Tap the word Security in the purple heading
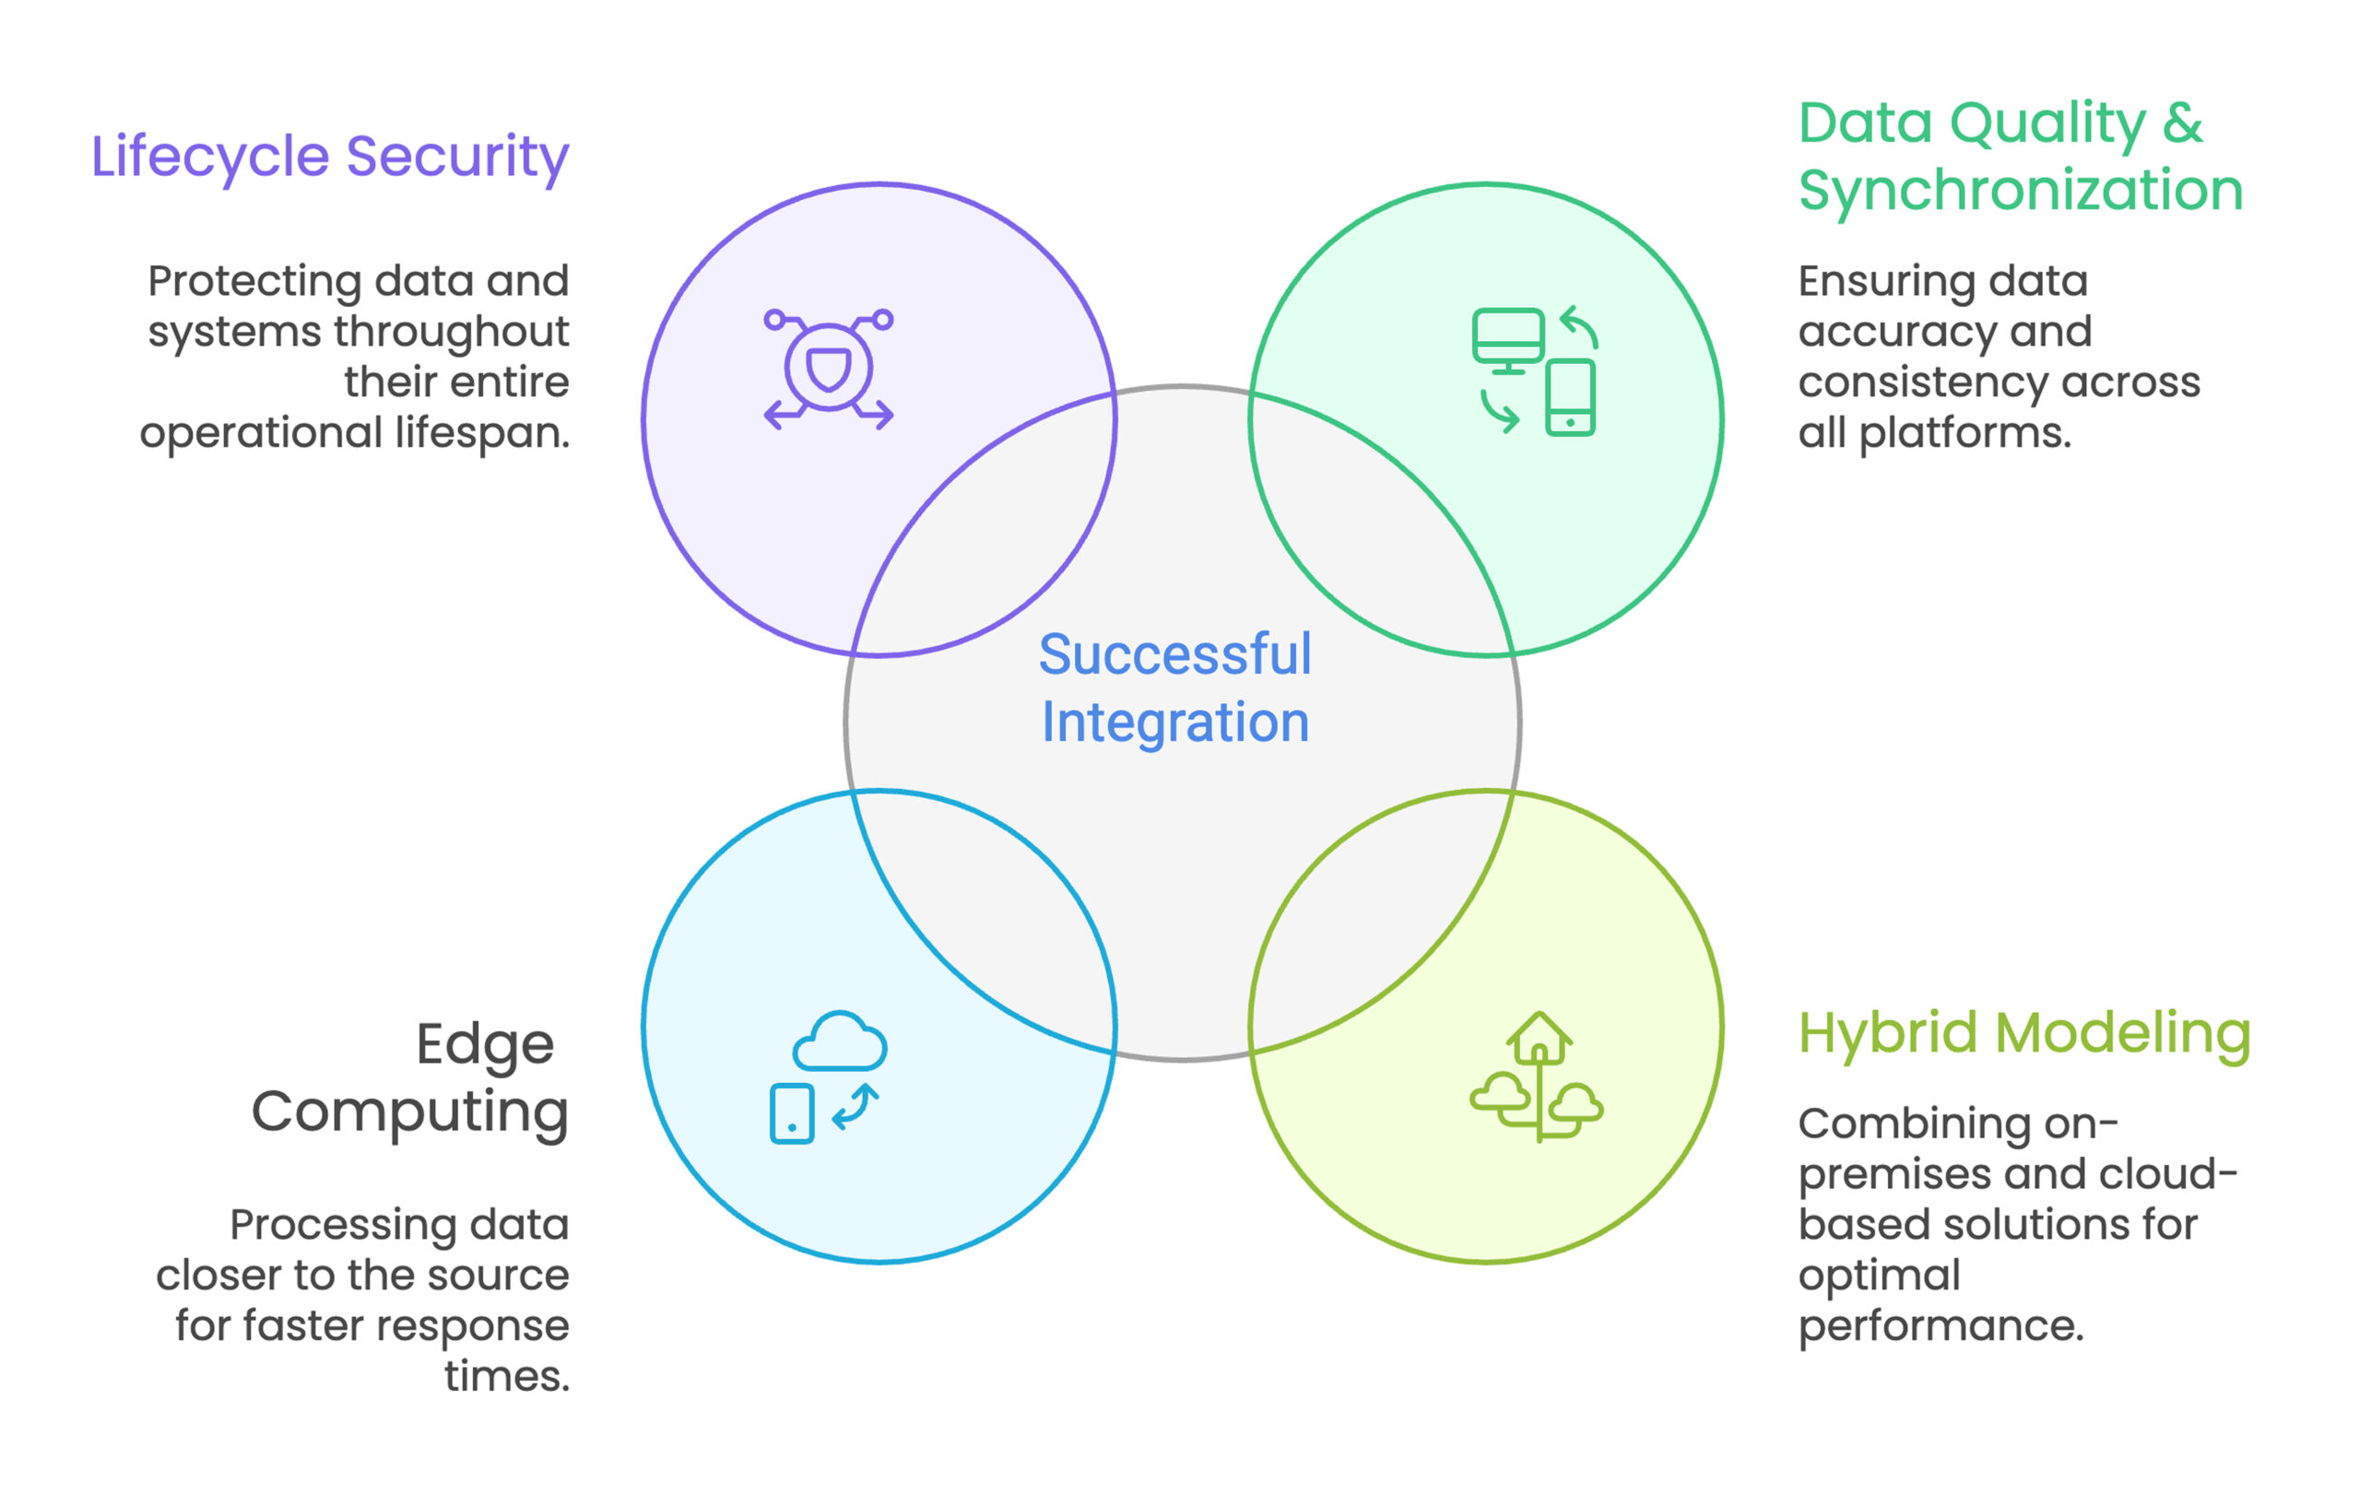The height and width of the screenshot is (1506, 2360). [x=457, y=157]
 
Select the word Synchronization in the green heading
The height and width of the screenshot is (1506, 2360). [x=2020, y=190]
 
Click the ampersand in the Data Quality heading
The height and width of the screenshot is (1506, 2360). [x=2183, y=124]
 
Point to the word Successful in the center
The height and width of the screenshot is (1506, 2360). [x=1174, y=654]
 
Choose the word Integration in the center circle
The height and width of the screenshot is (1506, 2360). [x=1174, y=723]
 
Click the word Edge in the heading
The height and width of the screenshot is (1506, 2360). [x=484, y=1044]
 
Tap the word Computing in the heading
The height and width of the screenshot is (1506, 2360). [x=409, y=1112]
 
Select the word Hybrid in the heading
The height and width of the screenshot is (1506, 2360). [x=1888, y=1034]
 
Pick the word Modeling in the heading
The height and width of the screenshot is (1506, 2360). [x=2123, y=1034]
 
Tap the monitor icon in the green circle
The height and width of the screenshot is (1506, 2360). [x=1507, y=338]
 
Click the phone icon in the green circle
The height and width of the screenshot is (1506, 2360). [x=1570, y=397]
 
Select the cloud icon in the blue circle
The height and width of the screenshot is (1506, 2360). [x=840, y=1041]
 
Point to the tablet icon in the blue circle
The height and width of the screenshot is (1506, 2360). [x=792, y=1114]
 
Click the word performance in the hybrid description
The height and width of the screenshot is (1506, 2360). [x=1940, y=1326]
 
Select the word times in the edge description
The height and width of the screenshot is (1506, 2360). [x=506, y=1377]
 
